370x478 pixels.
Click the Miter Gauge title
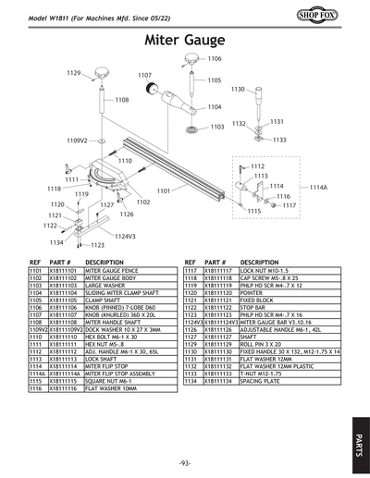[185, 41]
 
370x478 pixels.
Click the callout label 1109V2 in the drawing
[77, 140]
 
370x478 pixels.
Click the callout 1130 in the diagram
[238, 90]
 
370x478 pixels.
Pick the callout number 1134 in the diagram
[56, 242]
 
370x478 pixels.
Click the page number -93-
[185, 462]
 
